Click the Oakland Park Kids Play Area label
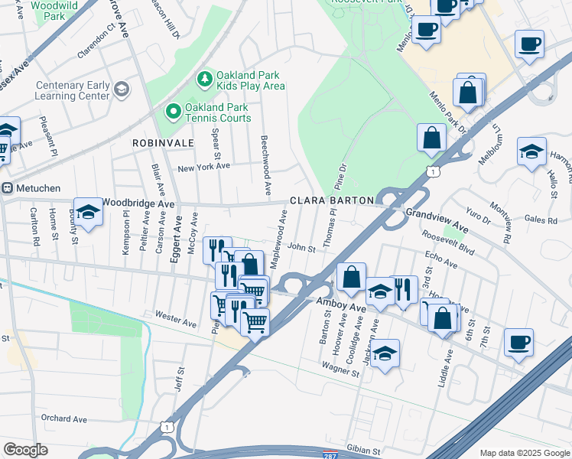250,80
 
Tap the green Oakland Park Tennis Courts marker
174,112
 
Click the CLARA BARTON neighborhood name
332,200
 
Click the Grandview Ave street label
436,220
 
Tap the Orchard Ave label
64,418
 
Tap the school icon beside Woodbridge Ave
88,212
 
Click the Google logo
25,450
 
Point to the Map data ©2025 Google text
524,453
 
